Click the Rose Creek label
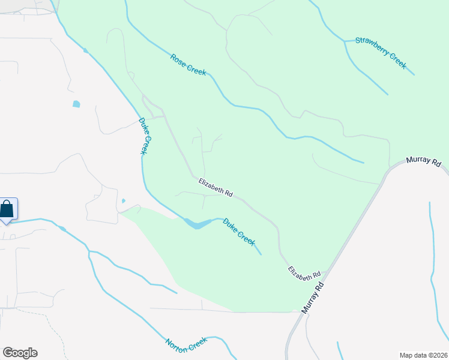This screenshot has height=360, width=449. (188, 65)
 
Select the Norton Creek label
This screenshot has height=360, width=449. (186, 344)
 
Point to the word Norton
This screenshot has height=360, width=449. (178, 346)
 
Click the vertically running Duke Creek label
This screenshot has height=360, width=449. (143, 136)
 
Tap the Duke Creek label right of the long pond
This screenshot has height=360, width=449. (239, 230)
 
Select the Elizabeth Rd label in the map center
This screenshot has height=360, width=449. (215, 187)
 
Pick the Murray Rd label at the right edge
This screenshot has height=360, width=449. (423, 162)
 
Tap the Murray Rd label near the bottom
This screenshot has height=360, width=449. (313, 298)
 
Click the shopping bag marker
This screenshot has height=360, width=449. (7, 209)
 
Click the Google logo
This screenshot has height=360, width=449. (20, 353)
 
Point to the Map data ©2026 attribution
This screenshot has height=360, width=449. (423, 355)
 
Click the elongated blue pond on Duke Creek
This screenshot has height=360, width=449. (198, 223)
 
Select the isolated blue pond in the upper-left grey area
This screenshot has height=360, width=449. (76, 104)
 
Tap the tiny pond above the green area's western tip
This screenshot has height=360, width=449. (123, 201)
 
